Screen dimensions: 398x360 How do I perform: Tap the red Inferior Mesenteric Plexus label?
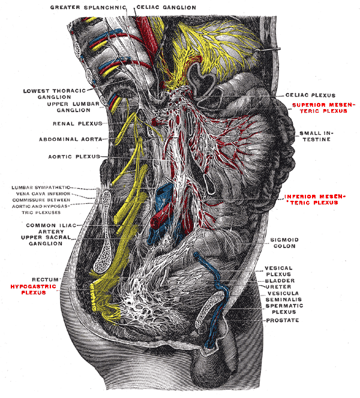(x=309, y=200)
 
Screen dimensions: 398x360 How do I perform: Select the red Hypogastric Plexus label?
(x=30, y=290)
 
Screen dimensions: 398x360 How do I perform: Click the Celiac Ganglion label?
(x=166, y=8)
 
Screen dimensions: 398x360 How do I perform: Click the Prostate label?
(x=284, y=320)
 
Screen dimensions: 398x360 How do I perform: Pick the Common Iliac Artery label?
(x=50, y=228)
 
